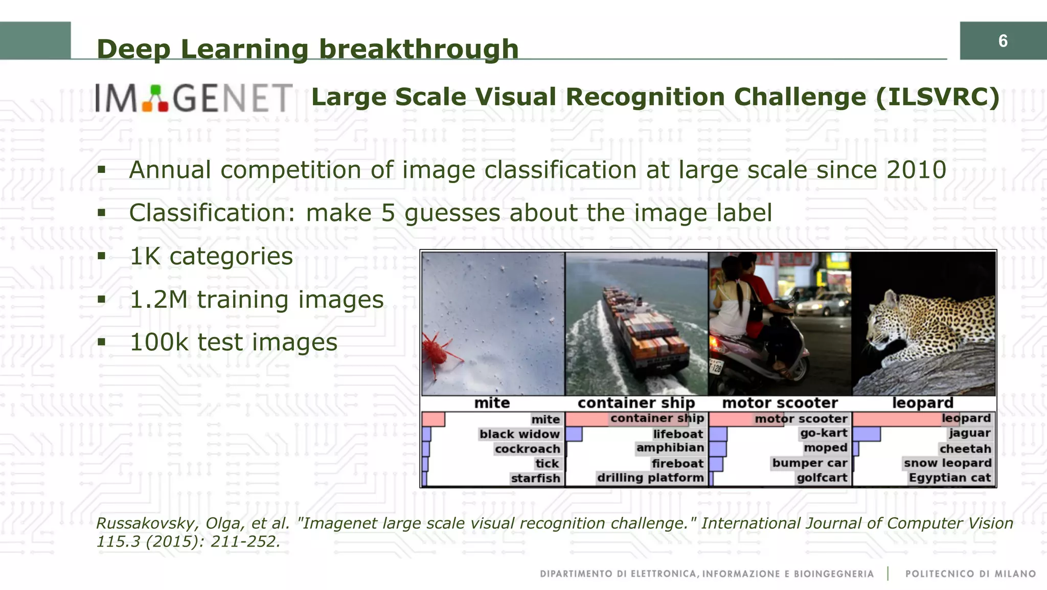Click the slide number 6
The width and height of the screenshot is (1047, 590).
[x=1003, y=41]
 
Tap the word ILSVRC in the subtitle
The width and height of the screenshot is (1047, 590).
[x=937, y=97]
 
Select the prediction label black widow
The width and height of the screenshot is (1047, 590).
[x=519, y=434]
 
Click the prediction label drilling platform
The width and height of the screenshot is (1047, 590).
[x=650, y=478]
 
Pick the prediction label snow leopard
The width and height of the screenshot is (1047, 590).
[x=947, y=463]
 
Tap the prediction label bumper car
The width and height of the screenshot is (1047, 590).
[x=809, y=463]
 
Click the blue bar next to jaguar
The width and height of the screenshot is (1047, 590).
[x=867, y=434]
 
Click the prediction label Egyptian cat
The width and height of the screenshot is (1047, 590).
[x=949, y=478]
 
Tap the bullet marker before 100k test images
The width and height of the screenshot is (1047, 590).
[x=101, y=342]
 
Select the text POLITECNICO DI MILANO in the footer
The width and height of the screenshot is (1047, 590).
[x=970, y=574]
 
